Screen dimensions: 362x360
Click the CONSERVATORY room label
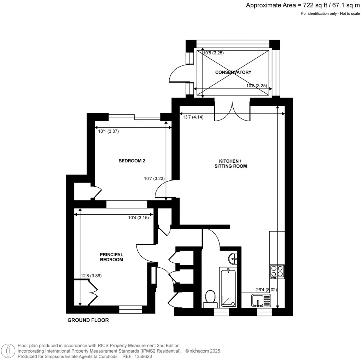click(233, 72)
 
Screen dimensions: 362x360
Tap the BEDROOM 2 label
click(132, 161)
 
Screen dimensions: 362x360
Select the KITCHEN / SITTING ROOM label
click(230, 163)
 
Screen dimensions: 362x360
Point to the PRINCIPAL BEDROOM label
click(111, 257)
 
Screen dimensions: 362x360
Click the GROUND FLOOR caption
click(88, 320)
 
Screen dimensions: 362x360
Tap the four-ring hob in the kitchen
click(277, 272)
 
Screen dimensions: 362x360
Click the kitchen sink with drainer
click(261, 301)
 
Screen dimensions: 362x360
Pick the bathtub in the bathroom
click(228, 288)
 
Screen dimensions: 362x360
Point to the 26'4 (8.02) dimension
click(267, 290)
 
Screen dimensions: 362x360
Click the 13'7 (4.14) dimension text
click(193, 117)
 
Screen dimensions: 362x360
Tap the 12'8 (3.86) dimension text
click(91, 275)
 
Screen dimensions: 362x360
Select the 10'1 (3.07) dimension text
click(108, 132)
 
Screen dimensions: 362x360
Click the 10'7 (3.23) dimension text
click(154, 178)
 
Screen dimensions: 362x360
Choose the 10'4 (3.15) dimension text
click(139, 217)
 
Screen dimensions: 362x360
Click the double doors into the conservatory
click(232, 112)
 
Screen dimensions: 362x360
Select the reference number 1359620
click(144, 356)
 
